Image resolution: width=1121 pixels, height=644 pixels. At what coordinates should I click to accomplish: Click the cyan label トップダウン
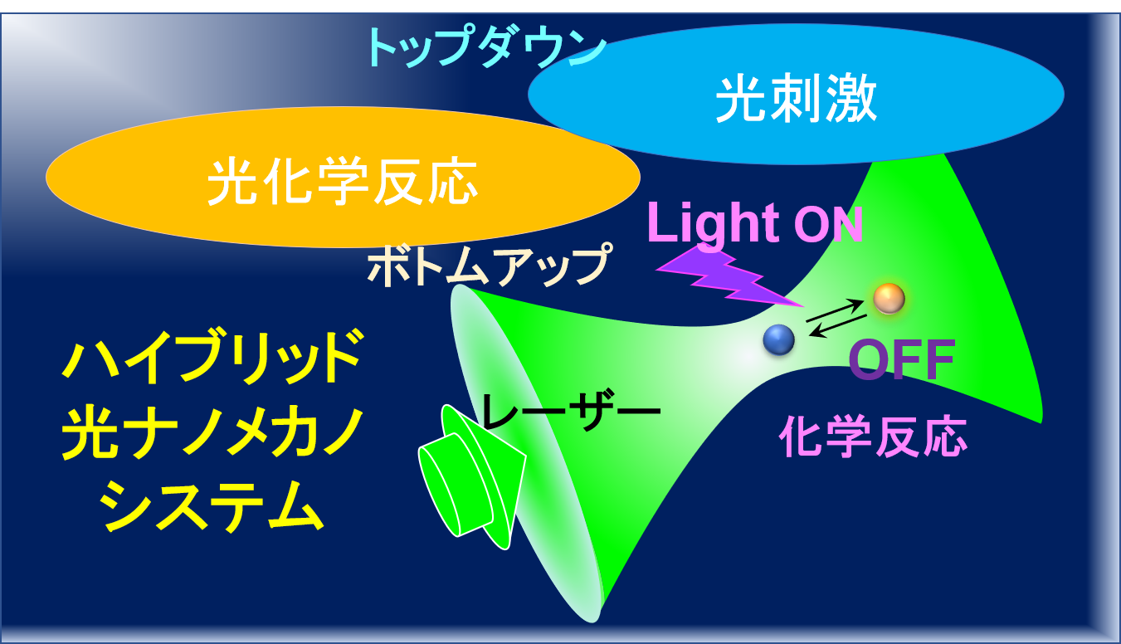pyautogui.click(x=486, y=47)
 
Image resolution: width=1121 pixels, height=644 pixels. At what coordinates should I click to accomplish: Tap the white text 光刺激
pyautogui.click(x=797, y=99)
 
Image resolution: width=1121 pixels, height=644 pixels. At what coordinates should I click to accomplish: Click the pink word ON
pyautogui.click(x=828, y=225)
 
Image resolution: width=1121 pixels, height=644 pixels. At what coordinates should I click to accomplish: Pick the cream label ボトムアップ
pyautogui.click(x=490, y=264)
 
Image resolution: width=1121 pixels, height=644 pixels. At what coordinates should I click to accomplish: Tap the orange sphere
pyautogui.click(x=889, y=298)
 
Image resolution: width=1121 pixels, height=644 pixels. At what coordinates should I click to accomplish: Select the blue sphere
pyautogui.click(x=778, y=339)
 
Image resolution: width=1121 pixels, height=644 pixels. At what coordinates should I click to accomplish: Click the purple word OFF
pyautogui.click(x=902, y=359)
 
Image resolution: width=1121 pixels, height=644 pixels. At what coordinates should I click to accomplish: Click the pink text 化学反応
pyautogui.click(x=873, y=437)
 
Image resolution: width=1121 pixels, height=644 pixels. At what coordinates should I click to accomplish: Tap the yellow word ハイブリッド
pyautogui.click(x=212, y=356)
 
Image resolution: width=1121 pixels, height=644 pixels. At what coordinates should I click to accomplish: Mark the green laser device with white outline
pyautogui.click(x=470, y=478)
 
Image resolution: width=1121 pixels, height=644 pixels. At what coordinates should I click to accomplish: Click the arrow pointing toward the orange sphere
pyautogui.click(x=834, y=310)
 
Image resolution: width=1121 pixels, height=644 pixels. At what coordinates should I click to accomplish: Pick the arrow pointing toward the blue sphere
pyautogui.click(x=838, y=326)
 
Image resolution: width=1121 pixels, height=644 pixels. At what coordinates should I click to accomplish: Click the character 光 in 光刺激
pyautogui.click(x=742, y=99)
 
